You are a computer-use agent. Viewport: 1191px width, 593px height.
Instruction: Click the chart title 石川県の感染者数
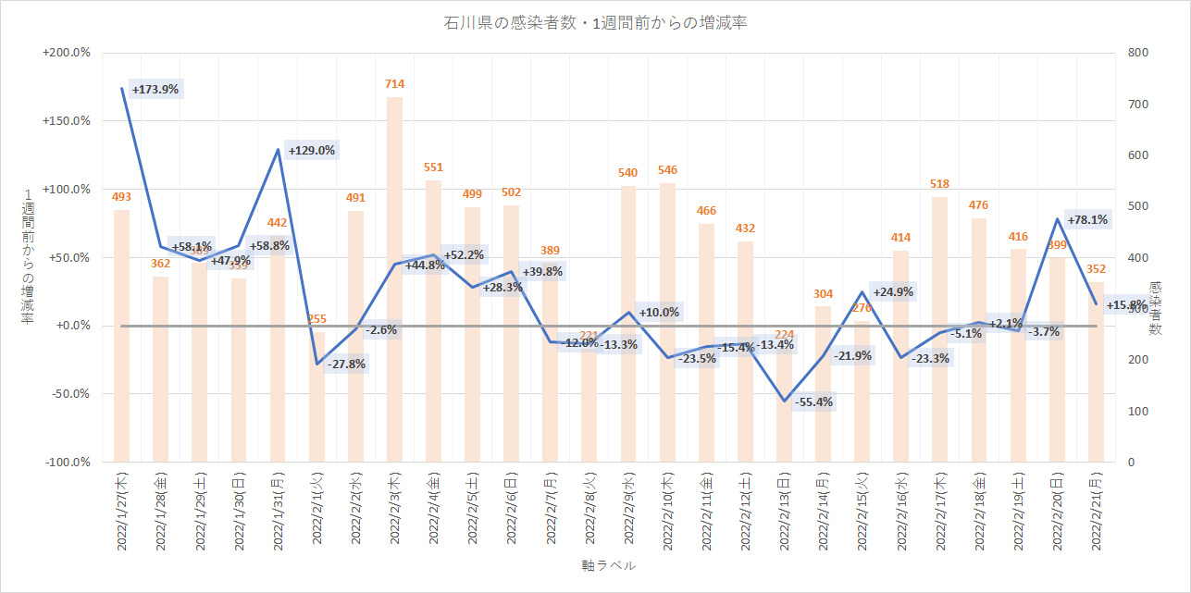595,23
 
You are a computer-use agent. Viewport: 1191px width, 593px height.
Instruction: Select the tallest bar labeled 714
395,278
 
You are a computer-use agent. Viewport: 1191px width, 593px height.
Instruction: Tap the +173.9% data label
155,90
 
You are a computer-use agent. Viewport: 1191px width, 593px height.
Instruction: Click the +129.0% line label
311,150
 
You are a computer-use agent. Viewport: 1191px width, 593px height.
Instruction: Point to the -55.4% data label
813,402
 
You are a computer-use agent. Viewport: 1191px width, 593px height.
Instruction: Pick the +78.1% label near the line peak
1087,220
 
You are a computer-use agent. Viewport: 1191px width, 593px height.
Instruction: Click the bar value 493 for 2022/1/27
121,196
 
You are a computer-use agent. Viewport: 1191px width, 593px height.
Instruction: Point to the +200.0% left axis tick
67,53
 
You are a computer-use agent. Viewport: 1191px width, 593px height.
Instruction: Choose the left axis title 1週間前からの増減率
28,257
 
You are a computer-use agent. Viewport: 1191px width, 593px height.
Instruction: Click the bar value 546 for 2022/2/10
667,170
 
